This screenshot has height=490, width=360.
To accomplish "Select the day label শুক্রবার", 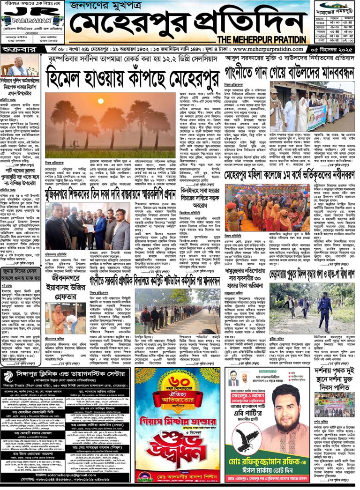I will click(x=17, y=49).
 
